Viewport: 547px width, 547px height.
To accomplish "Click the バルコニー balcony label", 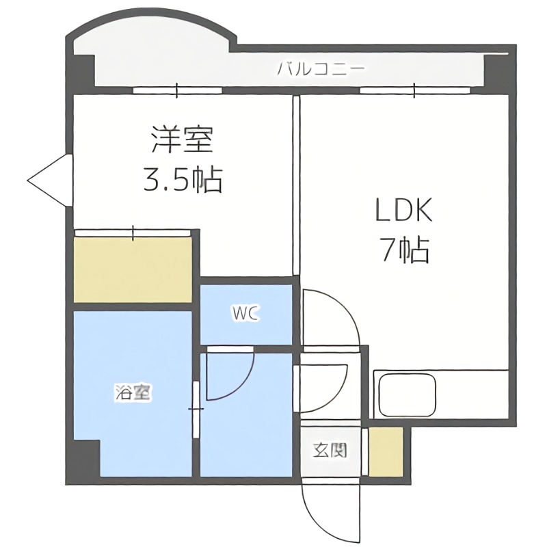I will (x=321, y=69).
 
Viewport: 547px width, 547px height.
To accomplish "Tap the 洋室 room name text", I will (x=181, y=139).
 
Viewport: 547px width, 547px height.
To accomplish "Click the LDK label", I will (x=403, y=211).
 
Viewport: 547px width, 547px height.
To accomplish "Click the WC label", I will (x=245, y=314).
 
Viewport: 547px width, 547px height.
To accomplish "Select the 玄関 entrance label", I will (x=330, y=451).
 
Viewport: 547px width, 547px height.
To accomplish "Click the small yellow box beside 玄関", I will (x=386, y=451).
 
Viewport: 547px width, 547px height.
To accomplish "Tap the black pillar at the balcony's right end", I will (x=496, y=68).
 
